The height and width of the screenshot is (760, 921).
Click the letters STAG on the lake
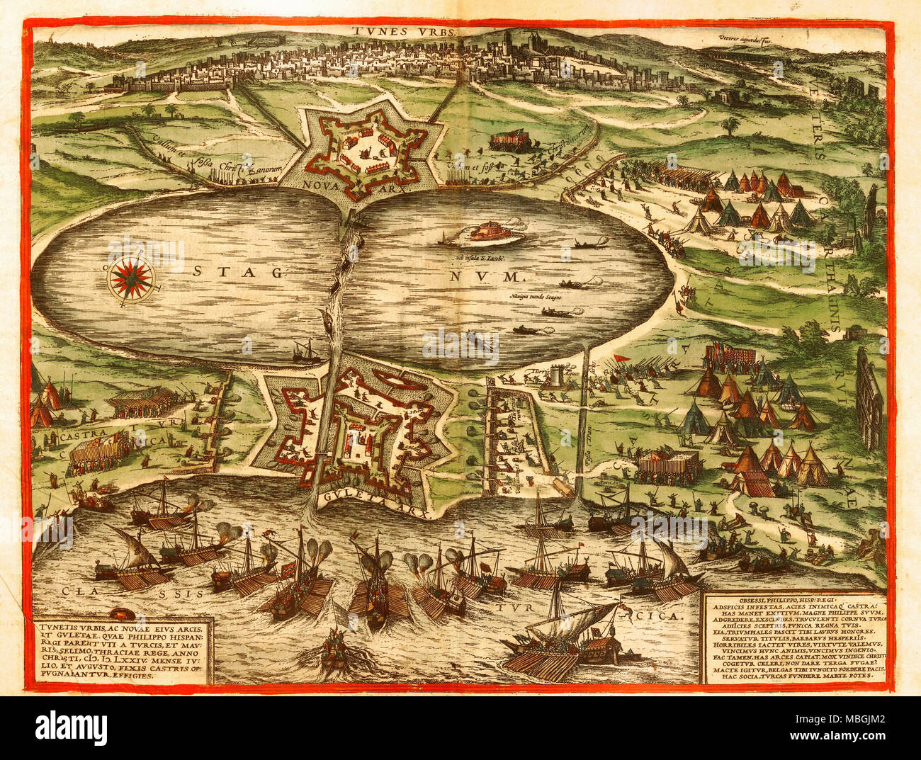(237, 271)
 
